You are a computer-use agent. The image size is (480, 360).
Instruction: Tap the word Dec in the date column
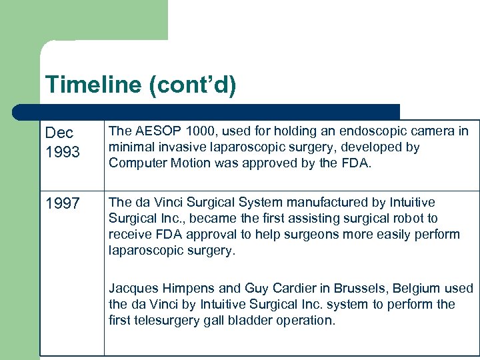pos(59,133)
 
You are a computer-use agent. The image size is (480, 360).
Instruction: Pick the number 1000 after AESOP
pos(202,131)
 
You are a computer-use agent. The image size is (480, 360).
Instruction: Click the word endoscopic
pos(369,131)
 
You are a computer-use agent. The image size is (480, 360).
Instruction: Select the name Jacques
pos(133,289)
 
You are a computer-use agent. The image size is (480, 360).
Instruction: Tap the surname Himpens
pos(189,289)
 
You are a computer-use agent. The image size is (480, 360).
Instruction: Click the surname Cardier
pos(284,289)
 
